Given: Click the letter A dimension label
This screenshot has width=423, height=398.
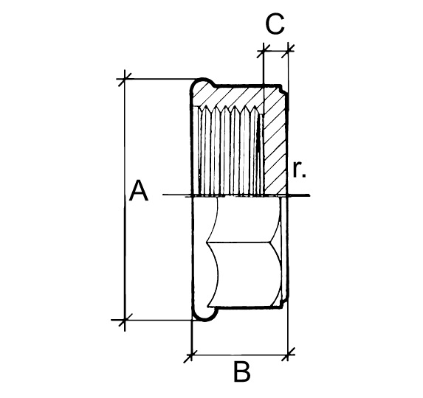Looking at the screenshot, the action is click(x=139, y=191).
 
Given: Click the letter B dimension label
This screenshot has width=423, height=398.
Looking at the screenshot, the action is click(x=241, y=372).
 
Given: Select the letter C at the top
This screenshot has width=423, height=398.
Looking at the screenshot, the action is click(x=275, y=24).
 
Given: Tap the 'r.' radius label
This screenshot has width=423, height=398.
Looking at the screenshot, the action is click(x=299, y=170).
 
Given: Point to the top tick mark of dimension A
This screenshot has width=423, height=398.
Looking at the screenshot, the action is click(x=124, y=79).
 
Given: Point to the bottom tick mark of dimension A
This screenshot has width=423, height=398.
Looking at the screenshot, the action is click(x=125, y=320).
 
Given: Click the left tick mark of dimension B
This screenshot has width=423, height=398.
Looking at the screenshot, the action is click(x=191, y=355).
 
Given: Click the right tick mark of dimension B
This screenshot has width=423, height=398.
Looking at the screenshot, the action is click(x=288, y=355).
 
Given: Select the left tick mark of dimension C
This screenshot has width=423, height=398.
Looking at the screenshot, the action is click(x=263, y=51).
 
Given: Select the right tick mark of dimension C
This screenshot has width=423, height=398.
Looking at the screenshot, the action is click(x=288, y=51).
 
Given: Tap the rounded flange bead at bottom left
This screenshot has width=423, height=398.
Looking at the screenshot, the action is click(x=204, y=314).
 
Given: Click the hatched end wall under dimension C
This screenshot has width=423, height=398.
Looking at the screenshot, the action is click(x=275, y=140).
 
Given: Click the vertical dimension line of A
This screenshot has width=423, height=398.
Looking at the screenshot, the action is click(x=125, y=200).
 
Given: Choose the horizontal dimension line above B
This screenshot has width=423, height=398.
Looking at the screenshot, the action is click(x=240, y=355).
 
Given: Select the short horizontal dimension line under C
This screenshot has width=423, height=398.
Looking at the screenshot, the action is click(x=275, y=51).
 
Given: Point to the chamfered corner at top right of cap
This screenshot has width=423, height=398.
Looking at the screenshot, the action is click(x=283, y=90).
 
